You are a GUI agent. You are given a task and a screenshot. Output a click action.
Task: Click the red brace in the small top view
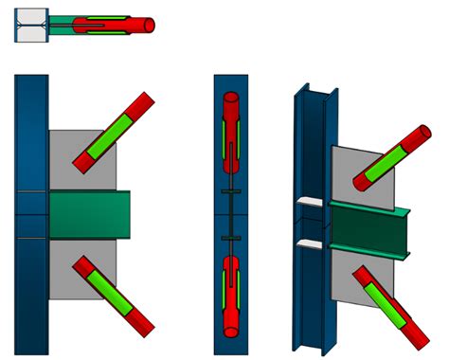(x=133, y=25)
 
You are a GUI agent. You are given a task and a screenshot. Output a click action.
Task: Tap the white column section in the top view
(x=30, y=26)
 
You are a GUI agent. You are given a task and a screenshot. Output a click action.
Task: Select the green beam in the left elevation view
(x=88, y=214)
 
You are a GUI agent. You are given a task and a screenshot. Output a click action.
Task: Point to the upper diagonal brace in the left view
(x=114, y=132)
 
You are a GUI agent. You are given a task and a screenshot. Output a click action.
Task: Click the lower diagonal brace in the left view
(x=115, y=296)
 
